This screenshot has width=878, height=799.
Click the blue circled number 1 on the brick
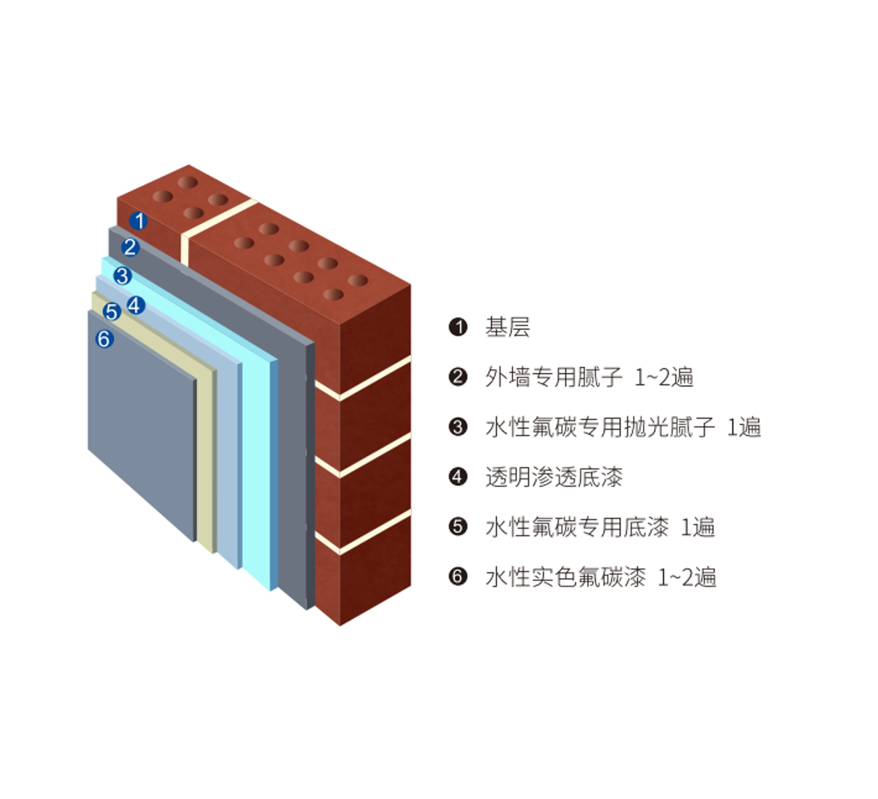click(138, 221)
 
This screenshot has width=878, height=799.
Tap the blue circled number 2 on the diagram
click(130, 248)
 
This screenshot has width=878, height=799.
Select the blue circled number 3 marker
click(122, 276)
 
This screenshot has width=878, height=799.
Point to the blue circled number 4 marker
click(136, 306)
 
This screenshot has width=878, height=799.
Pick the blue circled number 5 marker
click(112, 312)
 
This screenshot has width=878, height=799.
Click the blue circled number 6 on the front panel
click(104, 339)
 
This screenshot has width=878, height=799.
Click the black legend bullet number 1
click(458, 327)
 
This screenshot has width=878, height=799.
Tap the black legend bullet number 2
click(458, 377)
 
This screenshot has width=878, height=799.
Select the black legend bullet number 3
click(458, 427)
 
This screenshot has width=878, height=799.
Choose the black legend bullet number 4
click(458, 477)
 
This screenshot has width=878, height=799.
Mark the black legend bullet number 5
click(458, 527)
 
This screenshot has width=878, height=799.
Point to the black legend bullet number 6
click(458, 577)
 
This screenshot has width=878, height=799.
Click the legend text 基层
click(508, 327)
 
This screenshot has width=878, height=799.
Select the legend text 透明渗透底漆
click(554, 477)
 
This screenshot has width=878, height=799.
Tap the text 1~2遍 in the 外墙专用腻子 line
click(664, 377)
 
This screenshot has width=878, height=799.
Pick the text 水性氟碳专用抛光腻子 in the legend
click(600, 427)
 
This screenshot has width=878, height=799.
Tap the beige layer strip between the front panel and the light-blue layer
click(205, 457)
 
